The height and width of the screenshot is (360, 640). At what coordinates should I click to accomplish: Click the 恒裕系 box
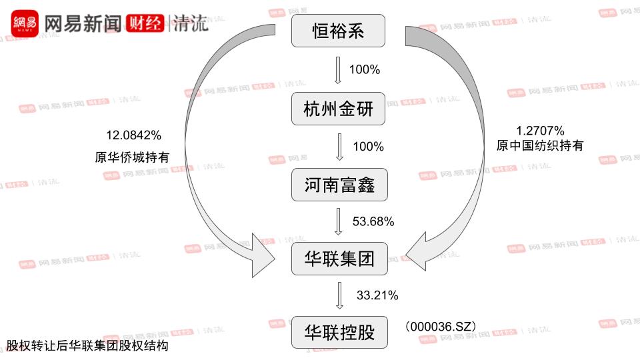pyautogui.click(x=339, y=31)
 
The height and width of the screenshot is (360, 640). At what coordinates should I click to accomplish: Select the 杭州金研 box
pyautogui.click(x=339, y=108)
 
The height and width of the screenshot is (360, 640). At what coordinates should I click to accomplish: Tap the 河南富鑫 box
pyautogui.click(x=339, y=185)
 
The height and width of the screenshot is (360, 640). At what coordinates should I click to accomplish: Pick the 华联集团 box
pyautogui.click(x=339, y=259)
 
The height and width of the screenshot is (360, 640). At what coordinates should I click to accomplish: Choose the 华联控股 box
pyautogui.click(x=339, y=332)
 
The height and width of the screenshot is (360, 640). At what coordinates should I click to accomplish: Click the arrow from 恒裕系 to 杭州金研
pyautogui.click(x=338, y=70)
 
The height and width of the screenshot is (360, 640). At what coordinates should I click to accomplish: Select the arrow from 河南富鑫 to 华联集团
pyautogui.click(x=338, y=222)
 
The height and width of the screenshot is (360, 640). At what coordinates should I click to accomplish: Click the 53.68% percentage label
pyautogui.click(x=373, y=221)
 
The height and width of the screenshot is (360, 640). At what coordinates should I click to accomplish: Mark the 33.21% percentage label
pyautogui.click(x=377, y=294)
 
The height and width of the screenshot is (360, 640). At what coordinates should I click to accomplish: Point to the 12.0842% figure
pyautogui.click(x=133, y=135)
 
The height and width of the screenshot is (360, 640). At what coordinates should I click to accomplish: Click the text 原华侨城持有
pyautogui.click(x=132, y=157)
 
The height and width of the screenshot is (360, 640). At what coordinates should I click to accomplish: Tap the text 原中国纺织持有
pyautogui.click(x=540, y=145)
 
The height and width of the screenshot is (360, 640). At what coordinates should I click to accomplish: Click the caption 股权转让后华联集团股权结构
pyautogui.click(x=87, y=346)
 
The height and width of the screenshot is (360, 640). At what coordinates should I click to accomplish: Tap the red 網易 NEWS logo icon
pyautogui.click(x=25, y=24)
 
